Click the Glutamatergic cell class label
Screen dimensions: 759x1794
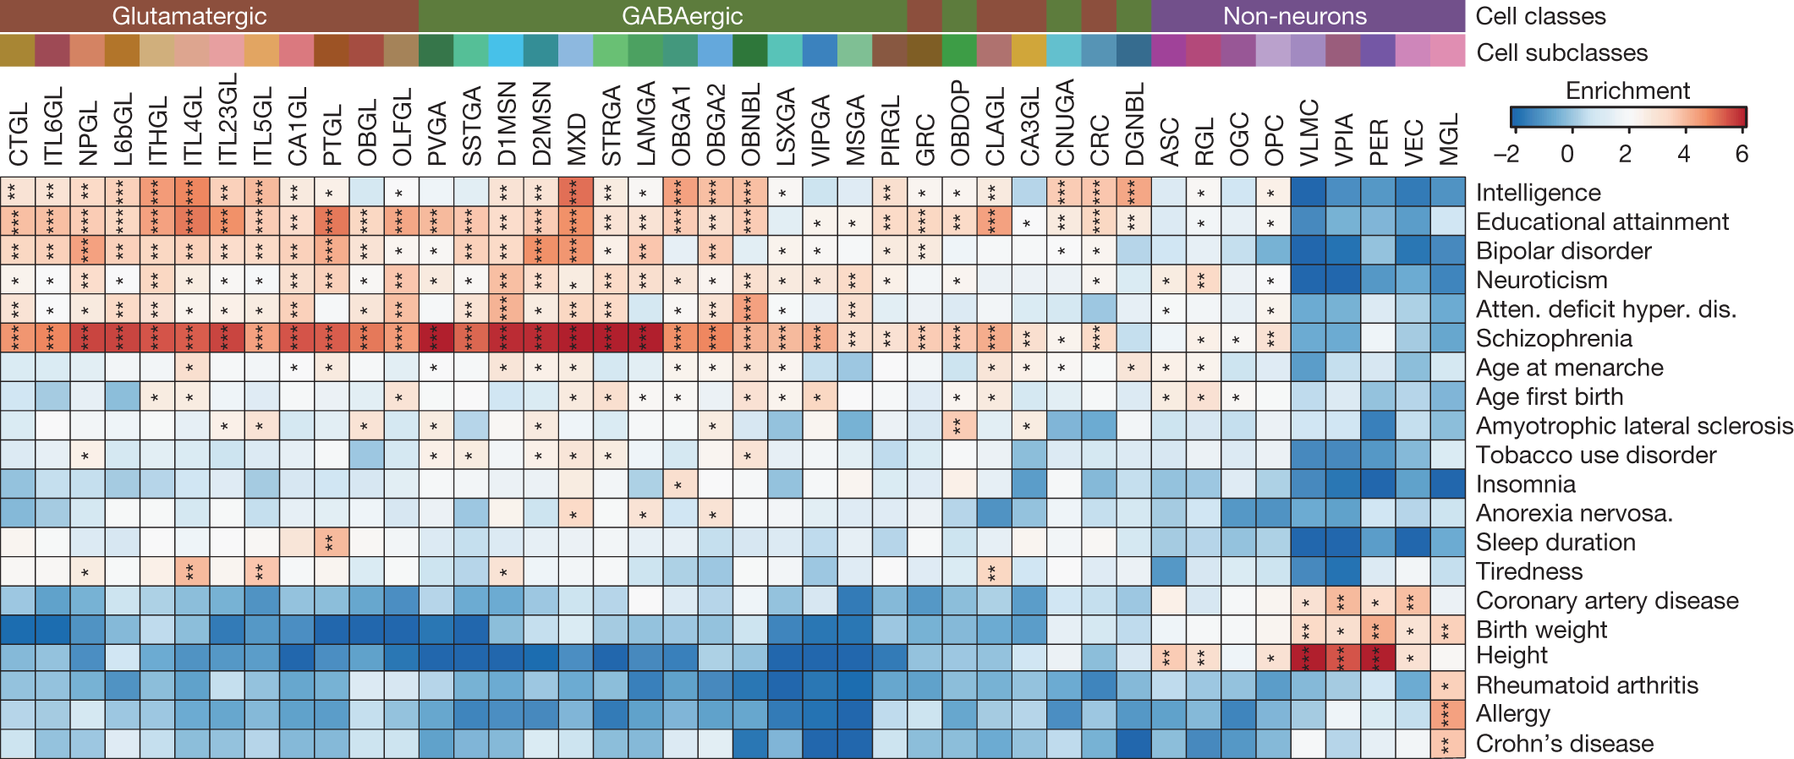(x=189, y=16)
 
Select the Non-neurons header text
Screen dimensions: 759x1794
(x=1294, y=16)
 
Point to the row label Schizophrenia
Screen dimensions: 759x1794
(x=1553, y=339)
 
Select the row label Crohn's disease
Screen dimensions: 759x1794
(x=1564, y=744)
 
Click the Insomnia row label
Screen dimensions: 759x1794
(x=1525, y=484)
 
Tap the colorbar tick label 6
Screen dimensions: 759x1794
(x=1741, y=154)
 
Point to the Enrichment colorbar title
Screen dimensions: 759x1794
(x=1627, y=90)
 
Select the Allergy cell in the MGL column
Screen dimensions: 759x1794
(x=1448, y=715)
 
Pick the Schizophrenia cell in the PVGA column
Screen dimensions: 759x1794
(x=436, y=338)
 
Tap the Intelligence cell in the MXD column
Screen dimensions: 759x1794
(x=576, y=192)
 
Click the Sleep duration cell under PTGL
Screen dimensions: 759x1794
(x=332, y=542)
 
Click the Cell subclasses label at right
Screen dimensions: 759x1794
(x=1561, y=52)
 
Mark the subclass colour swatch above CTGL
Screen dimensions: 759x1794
(x=18, y=51)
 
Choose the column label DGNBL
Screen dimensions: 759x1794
(x=1134, y=123)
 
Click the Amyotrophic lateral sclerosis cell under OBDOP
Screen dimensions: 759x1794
(x=959, y=425)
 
